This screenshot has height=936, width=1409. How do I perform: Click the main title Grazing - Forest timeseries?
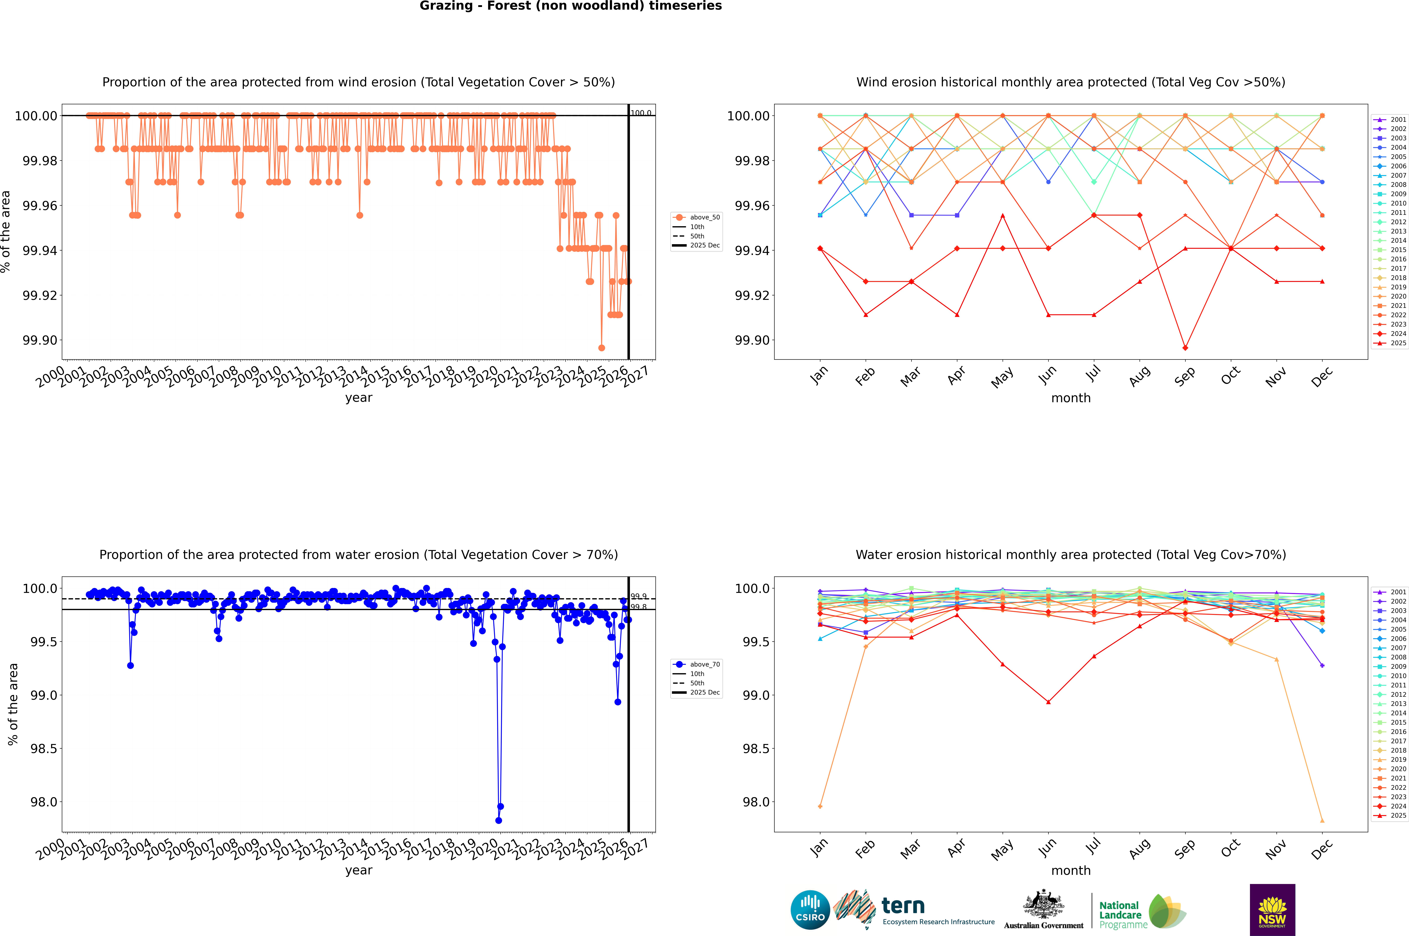pos(570,6)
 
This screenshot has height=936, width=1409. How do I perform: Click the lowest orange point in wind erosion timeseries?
pos(601,347)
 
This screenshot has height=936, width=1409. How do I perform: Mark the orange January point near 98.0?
pos(820,807)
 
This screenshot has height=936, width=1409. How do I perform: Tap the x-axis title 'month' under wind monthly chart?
pos(1070,398)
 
